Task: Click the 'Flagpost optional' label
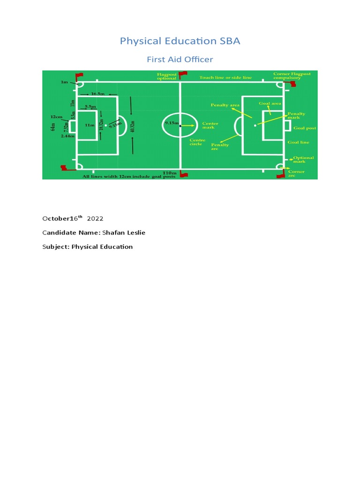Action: coord(167,76)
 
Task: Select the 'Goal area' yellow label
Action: coord(270,103)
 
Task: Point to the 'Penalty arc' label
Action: coord(220,147)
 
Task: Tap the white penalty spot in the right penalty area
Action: coord(255,126)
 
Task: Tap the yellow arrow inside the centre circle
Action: coord(188,126)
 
